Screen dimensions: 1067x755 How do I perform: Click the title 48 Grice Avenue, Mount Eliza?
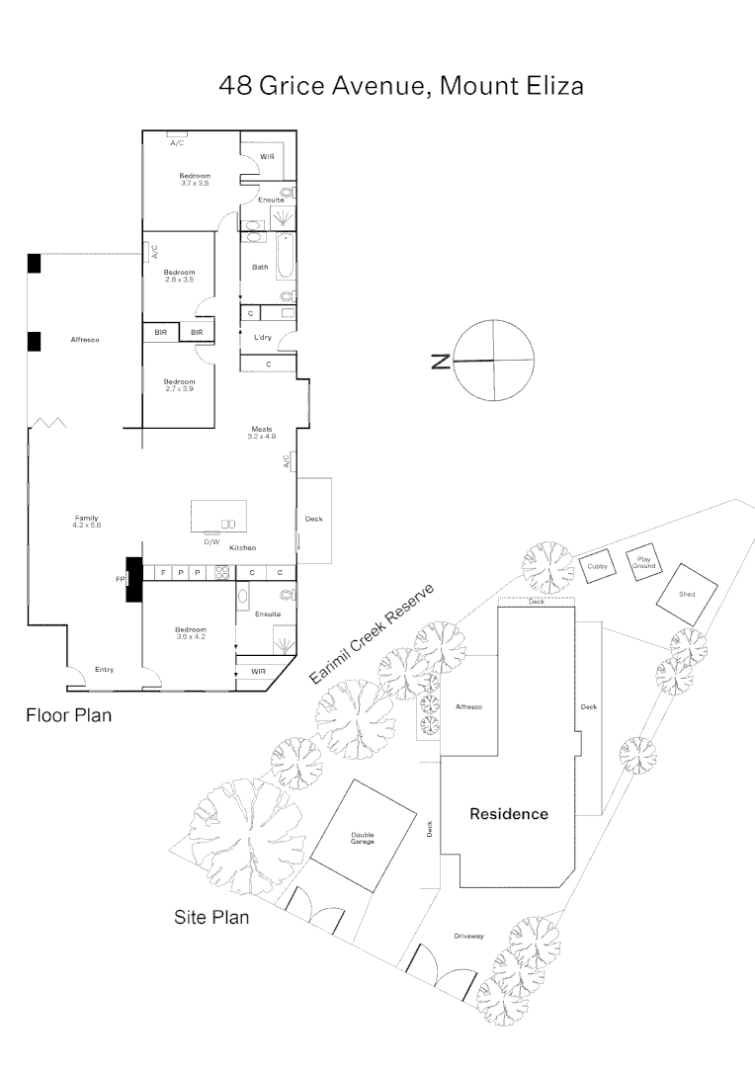click(x=400, y=86)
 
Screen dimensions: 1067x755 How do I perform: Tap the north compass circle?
click(x=492, y=361)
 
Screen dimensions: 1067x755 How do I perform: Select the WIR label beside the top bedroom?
click(x=267, y=156)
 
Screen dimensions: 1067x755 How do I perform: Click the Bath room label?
click(x=260, y=267)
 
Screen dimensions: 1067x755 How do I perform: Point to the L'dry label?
click(x=262, y=338)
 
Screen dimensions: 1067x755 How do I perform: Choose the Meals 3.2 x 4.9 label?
click(x=262, y=432)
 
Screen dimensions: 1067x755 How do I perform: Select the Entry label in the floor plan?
click(x=104, y=670)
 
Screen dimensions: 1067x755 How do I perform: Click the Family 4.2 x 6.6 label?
click(x=87, y=521)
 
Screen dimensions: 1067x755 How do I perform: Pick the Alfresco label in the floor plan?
click(x=85, y=340)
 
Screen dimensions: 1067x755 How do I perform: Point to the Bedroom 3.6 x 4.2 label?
click(x=191, y=633)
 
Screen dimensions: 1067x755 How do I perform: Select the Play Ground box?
click(x=643, y=562)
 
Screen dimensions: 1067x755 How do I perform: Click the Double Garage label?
click(x=363, y=838)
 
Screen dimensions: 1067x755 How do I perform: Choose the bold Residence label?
click(x=508, y=814)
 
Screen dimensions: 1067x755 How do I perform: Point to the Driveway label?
click(x=468, y=936)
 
